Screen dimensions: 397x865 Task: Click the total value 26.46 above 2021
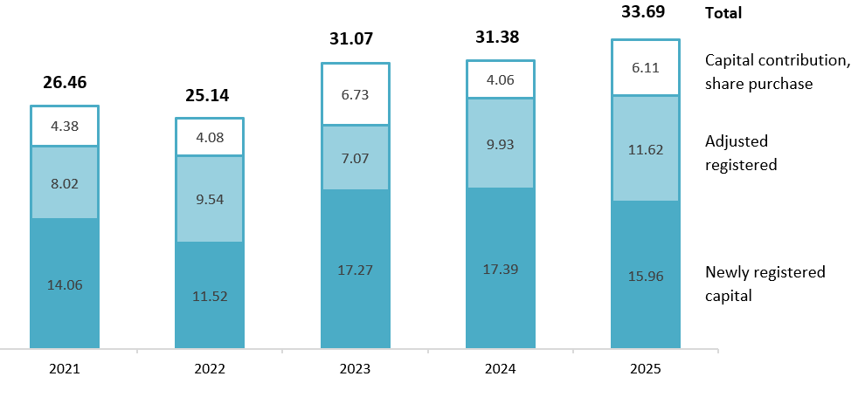pyautogui.click(x=65, y=83)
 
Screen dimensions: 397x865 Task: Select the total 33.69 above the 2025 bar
pyautogui.click(x=646, y=13)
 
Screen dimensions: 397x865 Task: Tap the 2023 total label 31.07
pyautogui.click(x=355, y=39)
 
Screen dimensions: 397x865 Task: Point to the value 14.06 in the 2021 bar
pyautogui.click(x=65, y=284)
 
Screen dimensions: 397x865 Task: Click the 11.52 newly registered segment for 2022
pyautogui.click(x=210, y=295)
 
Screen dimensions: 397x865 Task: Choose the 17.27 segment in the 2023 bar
pyautogui.click(x=355, y=270)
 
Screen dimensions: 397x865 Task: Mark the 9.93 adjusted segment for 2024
pyautogui.click(x=500, y=143)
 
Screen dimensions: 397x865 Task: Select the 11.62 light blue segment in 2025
pyautogui.click(x=646, y=148)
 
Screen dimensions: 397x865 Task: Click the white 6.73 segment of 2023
pyautogui.click(x=355, y=93)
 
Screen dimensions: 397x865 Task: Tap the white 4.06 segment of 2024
pyautogui.click(x=500, y=79)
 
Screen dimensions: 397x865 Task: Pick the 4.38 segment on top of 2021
pyautogui.click(x=65, y=126)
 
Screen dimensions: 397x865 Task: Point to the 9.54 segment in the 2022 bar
pyautogui.click(x=210, y=198)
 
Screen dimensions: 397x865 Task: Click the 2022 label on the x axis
pyautogui.click(x=210, y=369)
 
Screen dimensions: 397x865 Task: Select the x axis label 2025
pyautogui.click(x=646, y=369)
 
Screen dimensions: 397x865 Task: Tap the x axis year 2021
pyautogui.click(x=65, y=369)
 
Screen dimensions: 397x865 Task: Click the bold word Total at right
pyautogui.click(x=723, y=13)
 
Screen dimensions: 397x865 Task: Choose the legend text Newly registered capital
pyautogui.click(x=765, y=284)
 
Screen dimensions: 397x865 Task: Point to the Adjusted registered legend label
pyautogui.click(x=741, y=153)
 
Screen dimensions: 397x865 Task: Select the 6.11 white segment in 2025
pyautogui.click(x=646, y=67)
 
